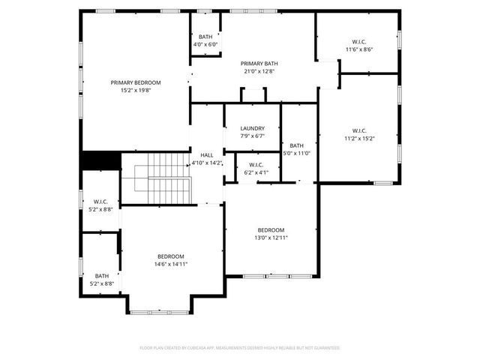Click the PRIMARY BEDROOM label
tap(136, 82)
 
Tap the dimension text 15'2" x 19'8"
tap(136, 90)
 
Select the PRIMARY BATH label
tap(259, 64)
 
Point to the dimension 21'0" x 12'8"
tap(259, 71)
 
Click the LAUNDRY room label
tap(252, 128)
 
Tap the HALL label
tap(206, 154)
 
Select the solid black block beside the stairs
tap(100, 160)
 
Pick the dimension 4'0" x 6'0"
tap(205, 44)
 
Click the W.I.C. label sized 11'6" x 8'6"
tap(358, 41)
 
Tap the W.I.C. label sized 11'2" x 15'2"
tap(358, 130)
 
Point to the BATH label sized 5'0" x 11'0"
tap(297, 145)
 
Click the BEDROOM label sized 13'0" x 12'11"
tap(271, 229)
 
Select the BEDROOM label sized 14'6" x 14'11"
tap(170, 256)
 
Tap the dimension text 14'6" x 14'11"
tap(170, 264)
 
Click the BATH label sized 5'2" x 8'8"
tap(101, 276)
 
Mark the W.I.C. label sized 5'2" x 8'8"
tap(101, 202)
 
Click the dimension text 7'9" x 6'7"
tap(252, 136)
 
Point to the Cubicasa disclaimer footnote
tap(240, 347)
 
